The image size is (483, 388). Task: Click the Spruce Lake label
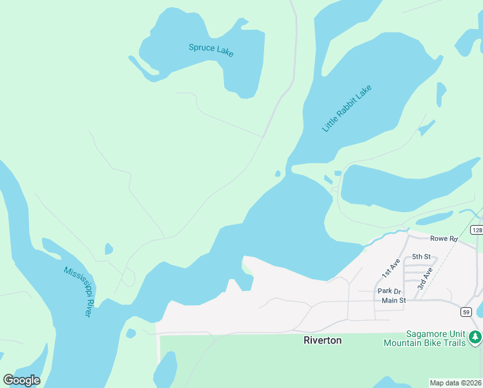(x=211, y=50)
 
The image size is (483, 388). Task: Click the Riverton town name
(x=322, y=339)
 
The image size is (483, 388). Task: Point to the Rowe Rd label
(x=444, y=239)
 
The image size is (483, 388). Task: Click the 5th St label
(x=421, y=257)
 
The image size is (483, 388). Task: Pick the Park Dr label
(x=389, y=291)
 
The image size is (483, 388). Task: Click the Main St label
(x=393, y=300)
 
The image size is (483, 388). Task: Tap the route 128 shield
(x=477, y=230)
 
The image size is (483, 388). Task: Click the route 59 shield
(x=466, y=312)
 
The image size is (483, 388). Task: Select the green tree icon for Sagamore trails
(x=475, y=337)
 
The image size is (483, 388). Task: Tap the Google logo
(x=21, y=380)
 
